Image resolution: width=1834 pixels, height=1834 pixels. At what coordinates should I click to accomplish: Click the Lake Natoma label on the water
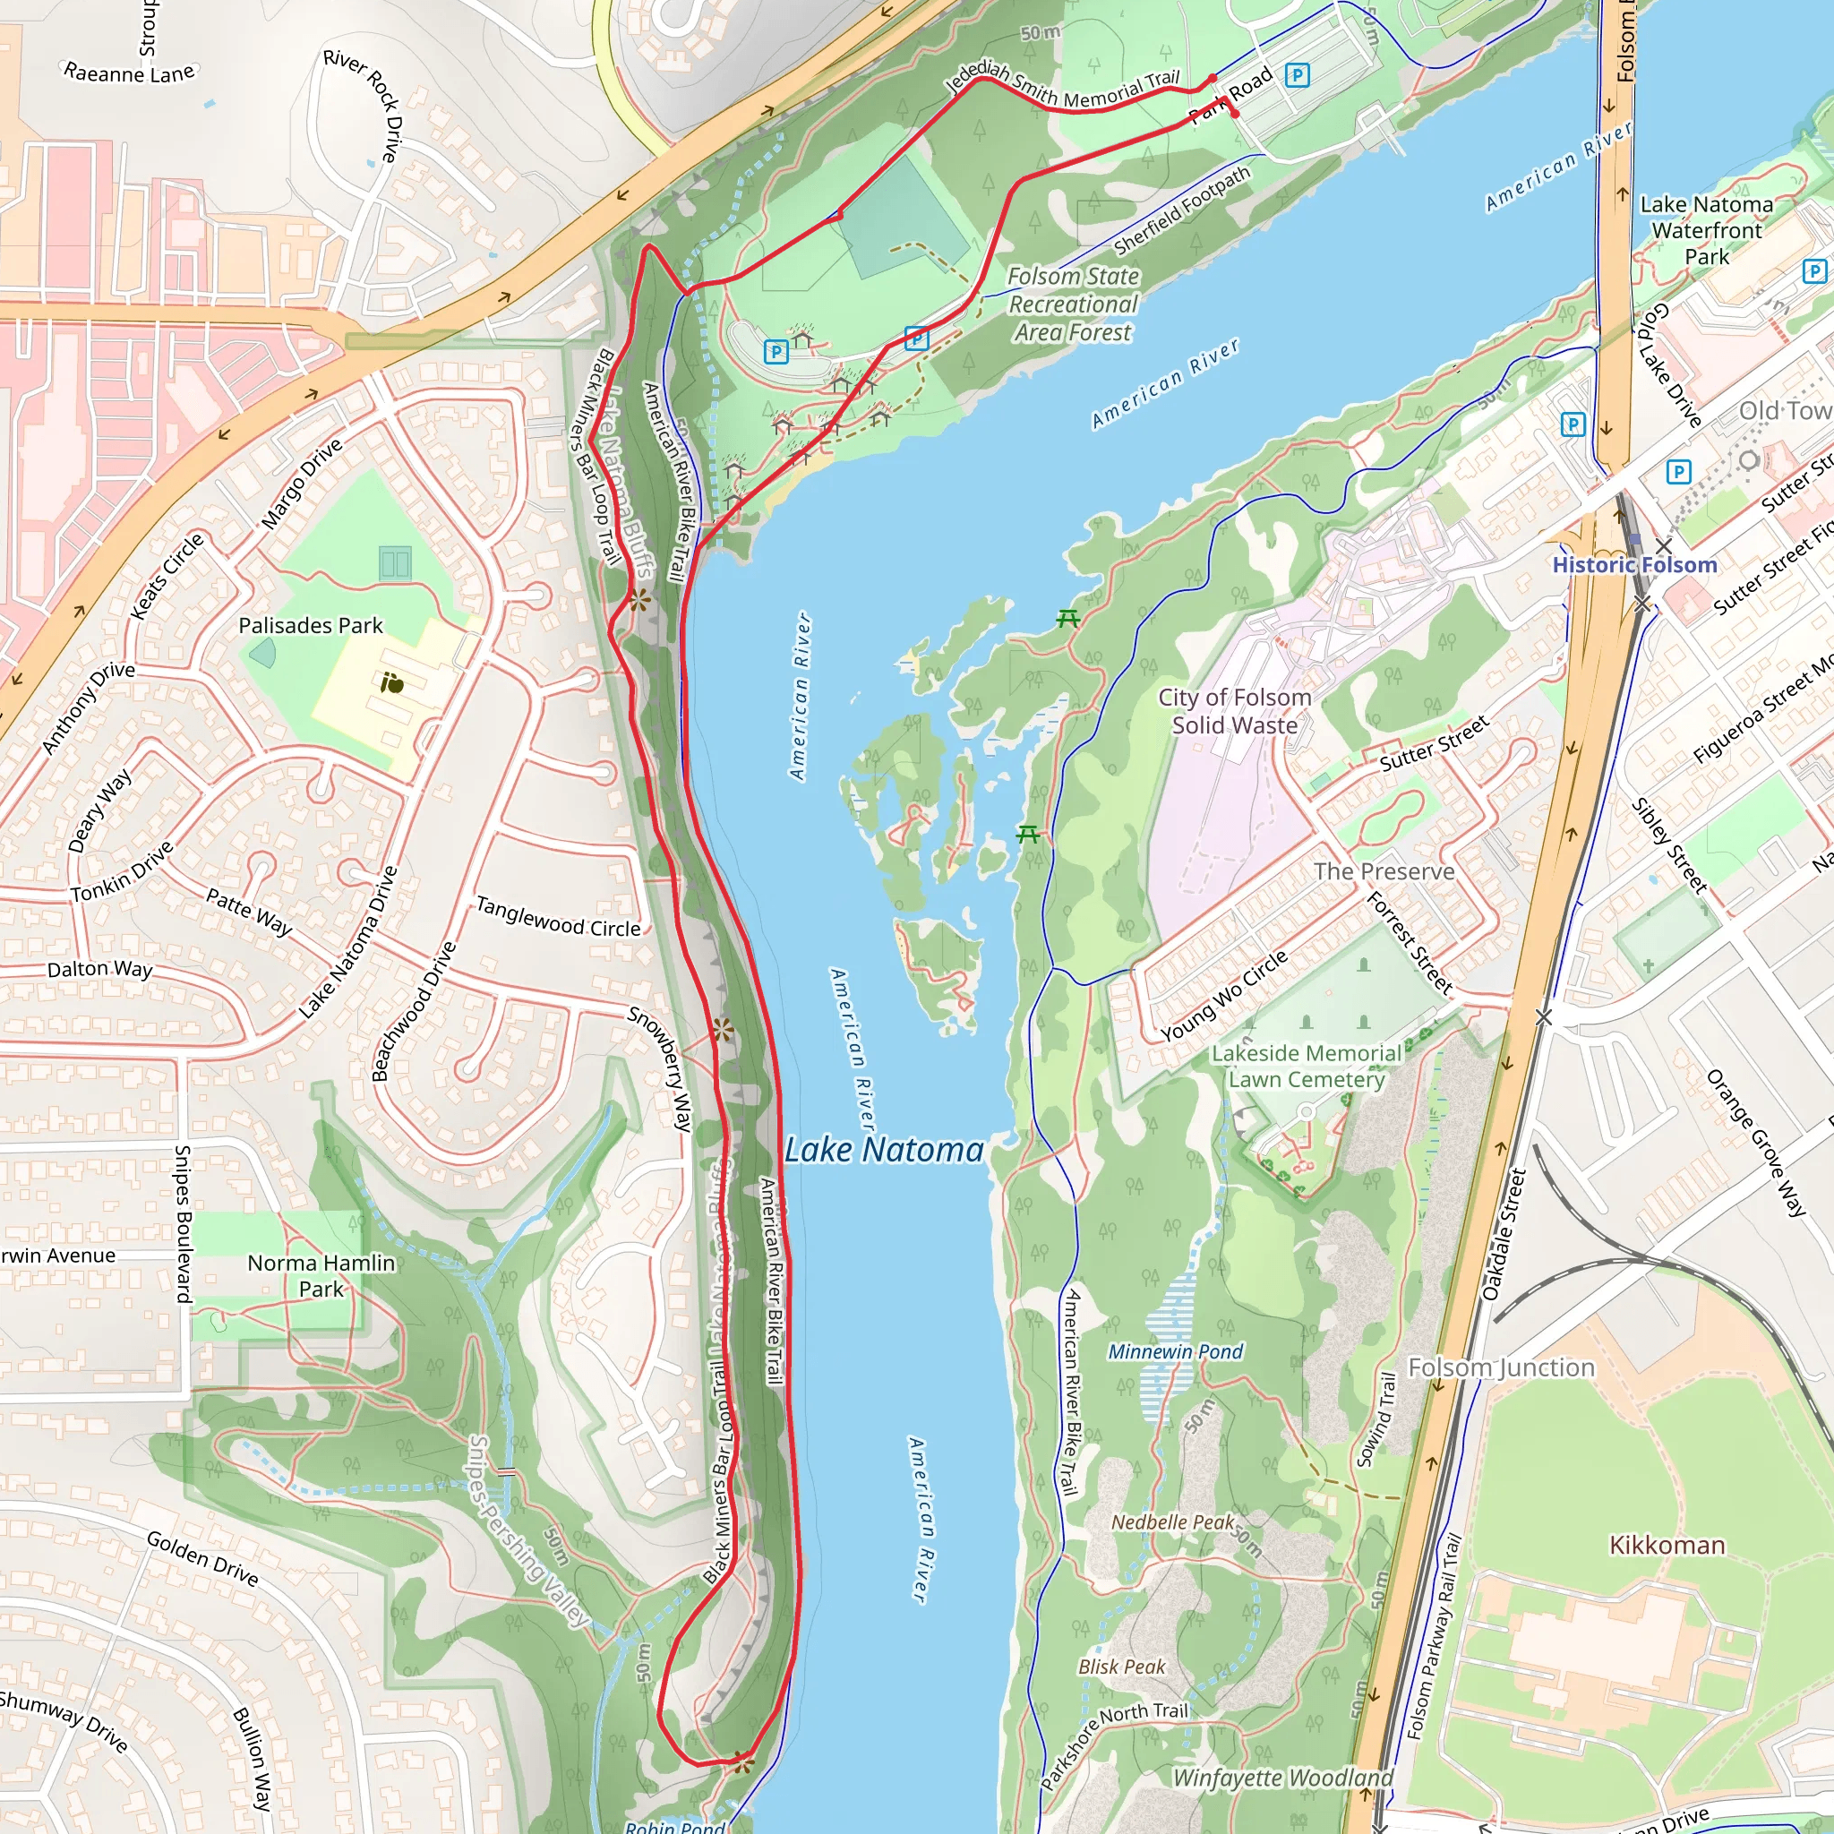(884, 1150)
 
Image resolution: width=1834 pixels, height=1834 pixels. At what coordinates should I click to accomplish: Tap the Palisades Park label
(311, 626)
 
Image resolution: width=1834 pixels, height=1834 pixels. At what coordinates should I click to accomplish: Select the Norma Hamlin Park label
(321, 1276)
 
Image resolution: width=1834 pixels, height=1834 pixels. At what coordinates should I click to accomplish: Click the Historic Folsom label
(1633, 565)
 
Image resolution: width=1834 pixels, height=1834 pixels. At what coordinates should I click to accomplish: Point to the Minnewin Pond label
(1174, 1350)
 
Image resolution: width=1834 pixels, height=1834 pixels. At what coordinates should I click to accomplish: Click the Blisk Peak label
(1121, 1666)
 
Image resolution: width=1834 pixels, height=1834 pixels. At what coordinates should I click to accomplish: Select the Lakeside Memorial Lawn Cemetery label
(1307, 1066)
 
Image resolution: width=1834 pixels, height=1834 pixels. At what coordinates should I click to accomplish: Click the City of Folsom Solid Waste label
(1234, 711)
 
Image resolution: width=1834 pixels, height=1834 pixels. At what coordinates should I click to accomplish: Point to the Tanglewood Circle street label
(558, 917)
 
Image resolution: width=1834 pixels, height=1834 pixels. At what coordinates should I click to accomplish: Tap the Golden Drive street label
(202, 1558)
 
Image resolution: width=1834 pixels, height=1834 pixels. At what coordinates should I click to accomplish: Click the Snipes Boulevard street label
(184, 1224)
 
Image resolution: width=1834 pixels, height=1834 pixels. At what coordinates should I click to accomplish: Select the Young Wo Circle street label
(1223, 995)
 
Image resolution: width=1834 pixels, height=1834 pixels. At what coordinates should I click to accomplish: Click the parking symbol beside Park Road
(1297, 74)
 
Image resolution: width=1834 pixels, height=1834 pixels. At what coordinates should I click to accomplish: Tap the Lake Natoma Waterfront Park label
(1706, 230)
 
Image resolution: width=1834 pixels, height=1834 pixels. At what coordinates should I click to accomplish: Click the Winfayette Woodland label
(1282, 1777)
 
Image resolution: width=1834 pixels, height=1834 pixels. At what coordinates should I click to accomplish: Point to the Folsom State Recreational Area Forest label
(1072, 304)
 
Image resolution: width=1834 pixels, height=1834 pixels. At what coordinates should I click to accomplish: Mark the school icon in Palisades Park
(391, 681)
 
